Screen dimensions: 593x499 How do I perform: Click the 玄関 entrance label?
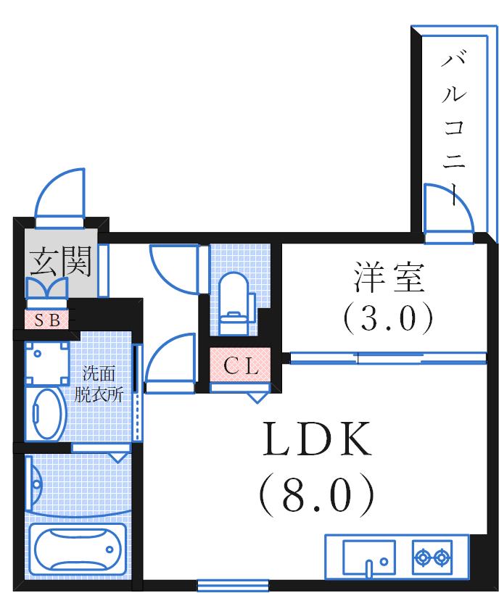[x=61, y=262]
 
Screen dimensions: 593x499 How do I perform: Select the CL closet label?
[x=240, y=367]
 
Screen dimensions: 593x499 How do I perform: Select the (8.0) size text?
[x=317, y=494]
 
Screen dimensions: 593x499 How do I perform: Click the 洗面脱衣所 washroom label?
[x=102, y=384]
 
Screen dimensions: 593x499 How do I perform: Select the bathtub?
[x=76, y=549]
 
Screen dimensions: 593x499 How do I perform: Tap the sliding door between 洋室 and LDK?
[x=388, y=357]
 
